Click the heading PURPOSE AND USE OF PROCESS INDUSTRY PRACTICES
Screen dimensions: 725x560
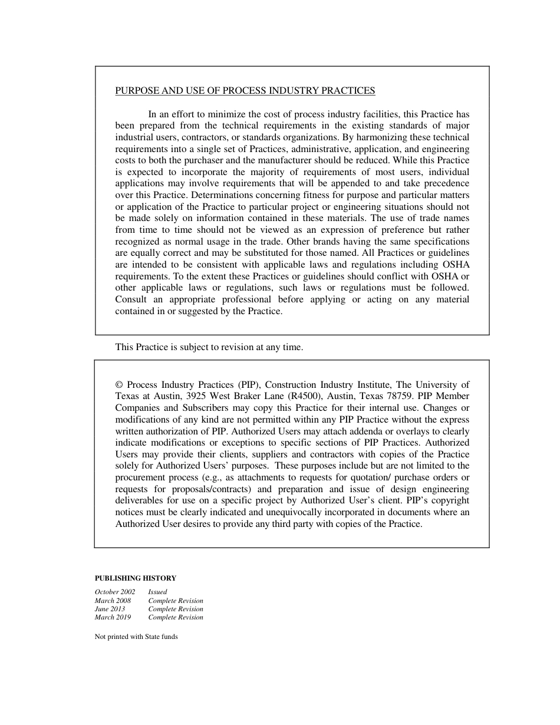click(245, 91)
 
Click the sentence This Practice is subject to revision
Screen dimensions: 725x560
click(209, 347)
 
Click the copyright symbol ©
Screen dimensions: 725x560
click(119, 385)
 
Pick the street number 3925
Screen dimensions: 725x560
click(197, 396)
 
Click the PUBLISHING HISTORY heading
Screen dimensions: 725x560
click(136, 578)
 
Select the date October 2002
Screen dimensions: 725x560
click(115, 592)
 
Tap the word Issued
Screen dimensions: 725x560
click(157, 592)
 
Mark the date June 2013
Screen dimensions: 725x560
click(110, 609)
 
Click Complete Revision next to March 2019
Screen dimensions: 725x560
click(176, 617)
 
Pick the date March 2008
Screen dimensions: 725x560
click(113, 601)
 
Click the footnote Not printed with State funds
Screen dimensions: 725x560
click(136, 637)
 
